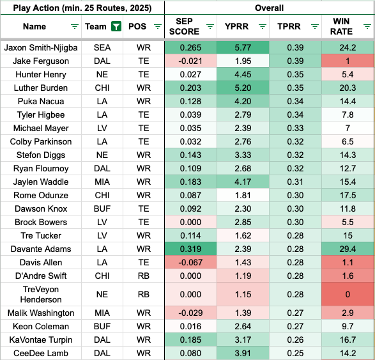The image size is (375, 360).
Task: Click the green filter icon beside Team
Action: pyautogui.click(x=116, y=26)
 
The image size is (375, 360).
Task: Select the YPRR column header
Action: pyautogui.click(x=236, y=26)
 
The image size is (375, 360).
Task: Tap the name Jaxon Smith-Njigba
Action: pyautogui.click(x=41, y=47)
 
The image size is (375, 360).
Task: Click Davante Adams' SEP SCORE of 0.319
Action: pyautogui.click(x=190, y=249)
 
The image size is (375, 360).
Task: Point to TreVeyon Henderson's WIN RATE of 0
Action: pyautogui.click(x=348, y=294)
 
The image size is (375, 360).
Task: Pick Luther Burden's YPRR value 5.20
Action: pyautogui.click(x=243, y=88)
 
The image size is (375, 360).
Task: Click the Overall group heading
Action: pyautogui.click(x=270, y=8)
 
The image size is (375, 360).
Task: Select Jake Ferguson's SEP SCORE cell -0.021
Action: pyautogui.click(x=190, y=61)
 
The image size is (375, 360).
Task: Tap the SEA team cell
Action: pyautogui.click(x=102, y=47)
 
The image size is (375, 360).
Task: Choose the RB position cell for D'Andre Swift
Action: pyautogui.click(x=144, y=276)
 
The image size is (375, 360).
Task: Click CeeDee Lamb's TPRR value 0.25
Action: pyautogui.click(x=295, y=353)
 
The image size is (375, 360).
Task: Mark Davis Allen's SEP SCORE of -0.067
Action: pyautogui.click(x=190, y=262)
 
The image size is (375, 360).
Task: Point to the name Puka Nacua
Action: pyautogui.click(x=41, y=101)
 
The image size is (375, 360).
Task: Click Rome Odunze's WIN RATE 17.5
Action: pyautogui.click(x=348, y=195)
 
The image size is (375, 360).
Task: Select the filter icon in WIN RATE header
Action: pyautogui.click(x=367, y=26)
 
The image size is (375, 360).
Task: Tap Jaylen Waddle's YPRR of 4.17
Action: pyautogui.click(x=243, y=182)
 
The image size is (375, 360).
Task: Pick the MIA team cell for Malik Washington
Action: pyautogui.click(x=102, y=313)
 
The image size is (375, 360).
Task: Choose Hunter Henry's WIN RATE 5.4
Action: pyautogui.click(x=348, y=74)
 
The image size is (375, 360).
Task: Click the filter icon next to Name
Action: pyautogui.click(x=75, y=26)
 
